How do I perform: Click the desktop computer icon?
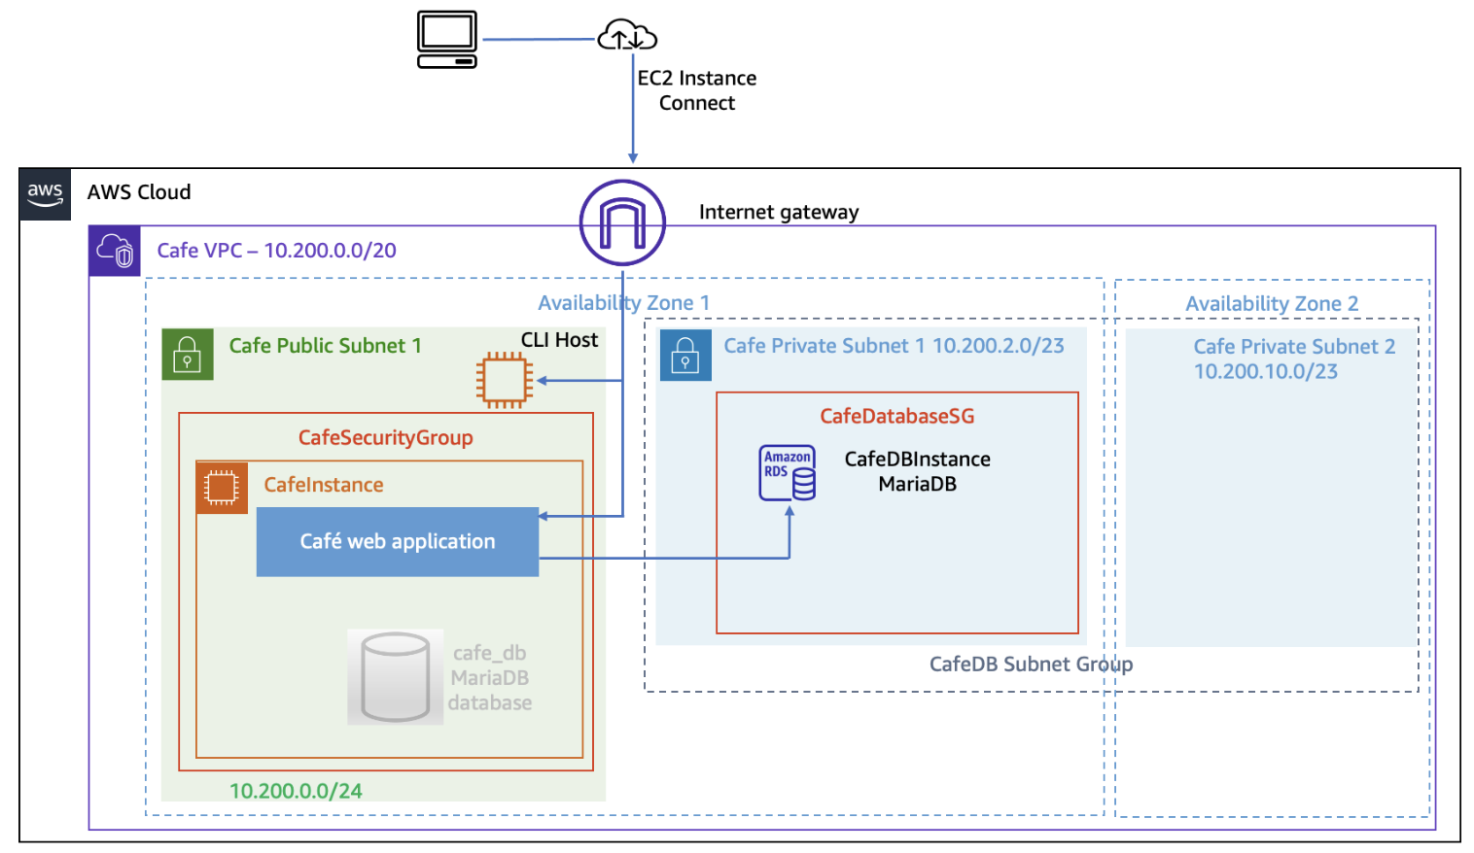(447, 40)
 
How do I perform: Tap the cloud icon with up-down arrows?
(627, 36)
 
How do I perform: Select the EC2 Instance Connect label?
(696, 90)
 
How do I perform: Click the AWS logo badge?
(45, 193)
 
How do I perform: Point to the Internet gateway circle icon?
(622, 222)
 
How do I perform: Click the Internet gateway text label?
(778, 212)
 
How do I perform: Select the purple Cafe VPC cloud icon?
(115, 251)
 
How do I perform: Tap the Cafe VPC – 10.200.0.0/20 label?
(276, 251)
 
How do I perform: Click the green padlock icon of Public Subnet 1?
(187, 355)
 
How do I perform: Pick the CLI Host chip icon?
(504, 380)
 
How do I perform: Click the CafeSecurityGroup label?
(385, 437)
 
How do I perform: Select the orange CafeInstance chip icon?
(222, 487)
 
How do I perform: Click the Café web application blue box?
(397, 542)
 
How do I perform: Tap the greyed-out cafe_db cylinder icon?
(395, 677)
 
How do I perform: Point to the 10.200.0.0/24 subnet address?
(296, 791)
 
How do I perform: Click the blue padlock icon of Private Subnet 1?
(685, 355)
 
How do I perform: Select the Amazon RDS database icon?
(787, 473)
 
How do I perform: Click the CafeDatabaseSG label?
(896, 416)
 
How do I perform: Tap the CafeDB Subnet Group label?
(1031, 665)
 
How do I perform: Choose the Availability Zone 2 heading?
(1272, 304)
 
